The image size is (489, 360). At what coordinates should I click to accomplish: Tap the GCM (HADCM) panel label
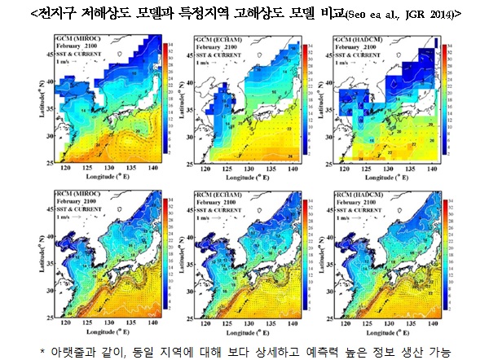click(359, 39)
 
